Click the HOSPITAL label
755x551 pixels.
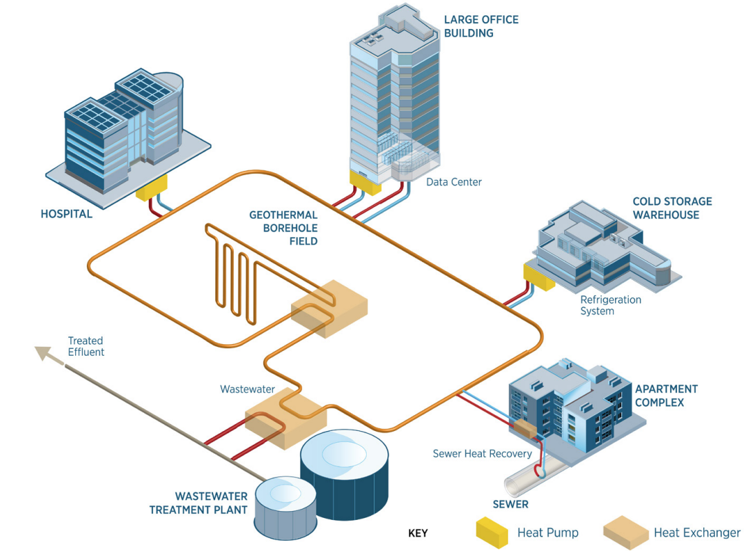coord(66,214)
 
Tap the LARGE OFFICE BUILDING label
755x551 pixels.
coord(481,26)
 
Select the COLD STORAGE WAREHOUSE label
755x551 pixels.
coord(672,208)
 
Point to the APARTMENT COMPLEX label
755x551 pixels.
coord(667,395)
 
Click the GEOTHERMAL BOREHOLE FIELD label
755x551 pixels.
coord(283,228)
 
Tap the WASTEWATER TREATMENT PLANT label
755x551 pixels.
coord(199,503)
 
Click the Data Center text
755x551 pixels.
coord(454,182)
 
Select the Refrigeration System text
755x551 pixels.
coord(610,305)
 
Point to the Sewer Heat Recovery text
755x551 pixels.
coord(482,454)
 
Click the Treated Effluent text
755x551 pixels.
coord(85,346)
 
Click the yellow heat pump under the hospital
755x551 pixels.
coord(151,188)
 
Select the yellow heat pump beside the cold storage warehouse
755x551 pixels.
coord(538,277)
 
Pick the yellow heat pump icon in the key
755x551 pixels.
coord(492,532)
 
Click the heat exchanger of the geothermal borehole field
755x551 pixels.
coord(330,309)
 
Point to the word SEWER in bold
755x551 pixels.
coord(510,504)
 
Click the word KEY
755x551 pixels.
coord(418,533)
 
